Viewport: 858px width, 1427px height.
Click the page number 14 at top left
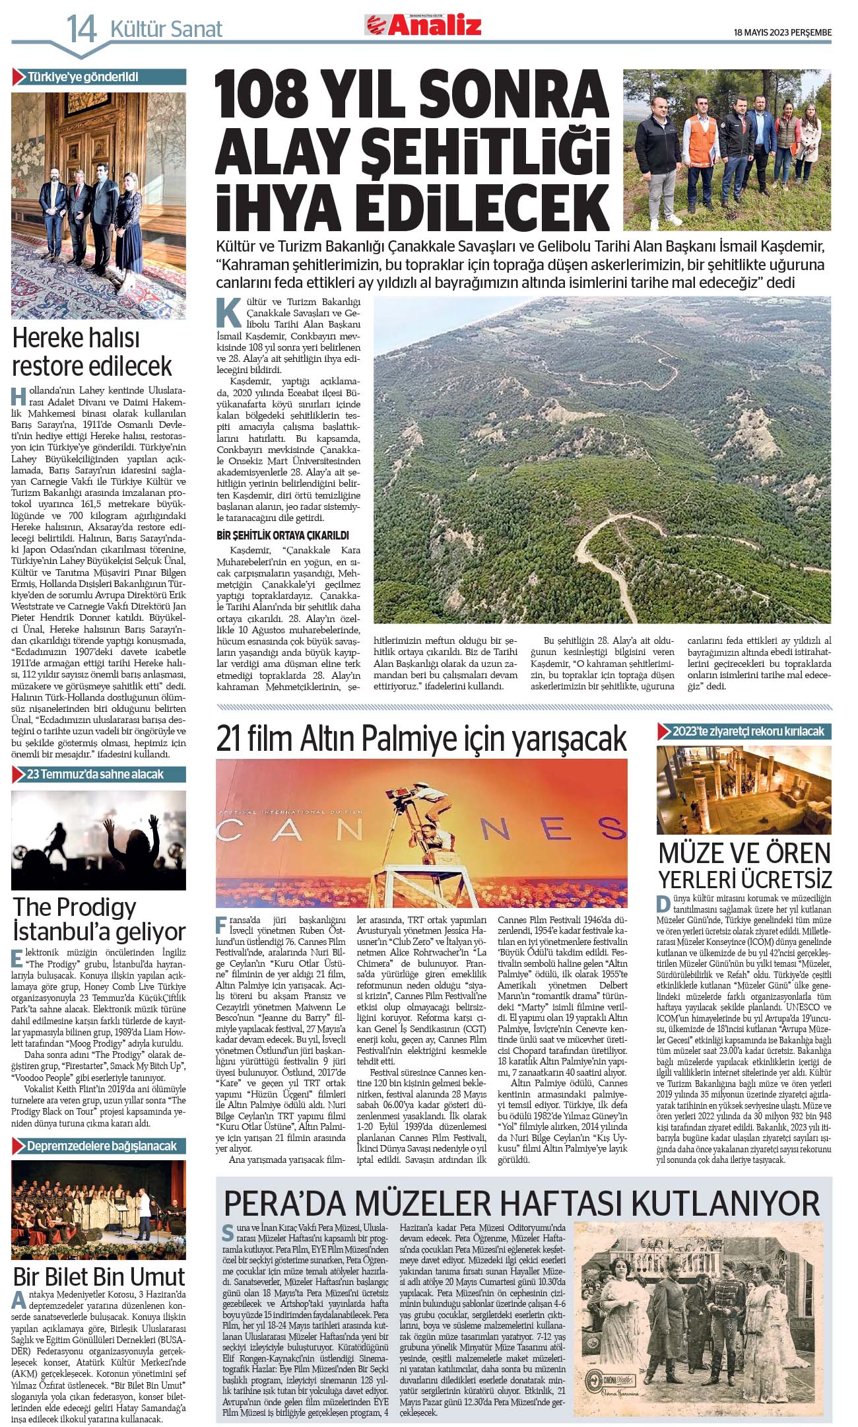(82, 29)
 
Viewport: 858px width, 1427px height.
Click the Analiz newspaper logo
(424, 25)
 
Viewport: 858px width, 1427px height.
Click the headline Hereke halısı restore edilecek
(92, 352)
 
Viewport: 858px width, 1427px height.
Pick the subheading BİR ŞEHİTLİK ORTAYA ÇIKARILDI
(282, 535)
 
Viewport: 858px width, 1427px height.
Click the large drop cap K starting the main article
(228, 312)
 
